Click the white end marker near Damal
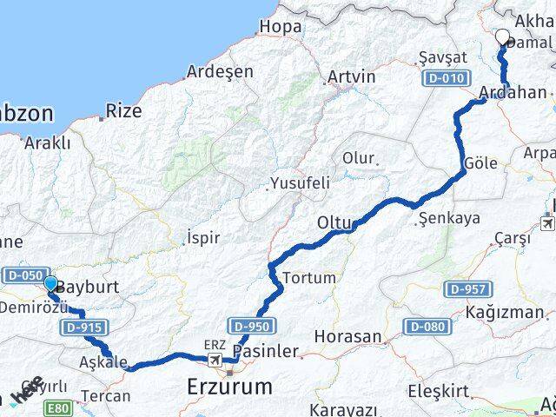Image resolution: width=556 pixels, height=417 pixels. [503, 36]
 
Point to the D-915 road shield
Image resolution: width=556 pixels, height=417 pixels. [80, 327]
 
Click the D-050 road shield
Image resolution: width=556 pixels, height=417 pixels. [22, 275]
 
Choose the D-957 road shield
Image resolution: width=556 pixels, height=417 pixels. [469, 288]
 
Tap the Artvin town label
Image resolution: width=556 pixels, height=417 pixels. [351, 77]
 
